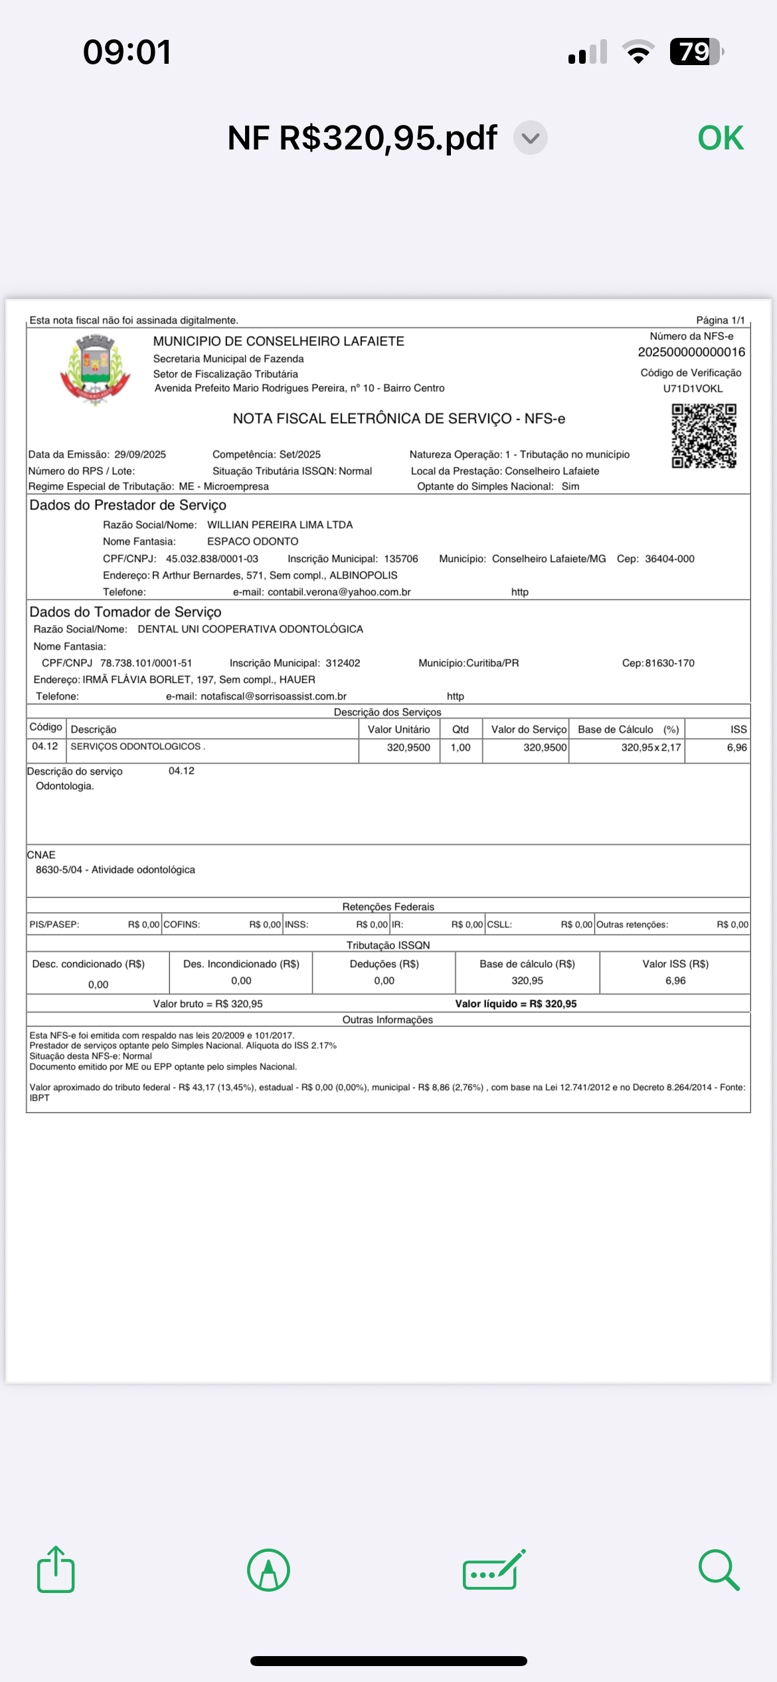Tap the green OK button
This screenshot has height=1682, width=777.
[721, 138]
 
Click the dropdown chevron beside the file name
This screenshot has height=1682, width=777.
[530, 138]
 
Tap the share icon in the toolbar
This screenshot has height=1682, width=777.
[56, 1569]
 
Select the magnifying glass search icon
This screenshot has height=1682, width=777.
[719, 1570]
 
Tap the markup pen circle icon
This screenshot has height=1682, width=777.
[268, 1570]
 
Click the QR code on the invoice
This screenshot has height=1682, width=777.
[703, 436]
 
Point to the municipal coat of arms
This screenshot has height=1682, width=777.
[96, 369]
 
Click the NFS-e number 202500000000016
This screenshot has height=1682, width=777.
[691, 352]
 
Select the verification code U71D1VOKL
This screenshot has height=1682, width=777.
[693, 389]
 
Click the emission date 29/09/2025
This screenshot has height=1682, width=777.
[140, 454]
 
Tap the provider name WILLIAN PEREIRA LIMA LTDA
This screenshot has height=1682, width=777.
[280, 525]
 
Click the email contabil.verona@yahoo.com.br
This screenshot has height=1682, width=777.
[339, 592]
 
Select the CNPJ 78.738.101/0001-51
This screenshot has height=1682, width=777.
[146, 663]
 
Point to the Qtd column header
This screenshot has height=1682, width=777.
[460, 729]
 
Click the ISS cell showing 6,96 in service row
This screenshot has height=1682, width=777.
[736, 747]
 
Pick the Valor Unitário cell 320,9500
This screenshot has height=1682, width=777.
[408, 747]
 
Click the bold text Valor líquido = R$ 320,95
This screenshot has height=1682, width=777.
[515, 1004]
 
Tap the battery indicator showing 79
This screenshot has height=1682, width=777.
[695, 52]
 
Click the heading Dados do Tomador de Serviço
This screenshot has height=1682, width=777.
[126, 612]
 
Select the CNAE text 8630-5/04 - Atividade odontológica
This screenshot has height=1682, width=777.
[116, 870]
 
